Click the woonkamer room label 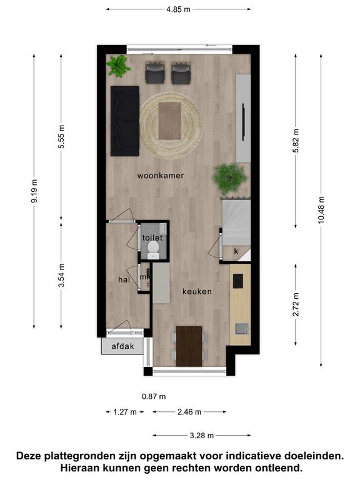[x=161, y=176]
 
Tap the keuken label [x=197, y=291]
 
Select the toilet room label [x=152, y=237]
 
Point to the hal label [x=124, y=279]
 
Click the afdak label [x=122, y=346]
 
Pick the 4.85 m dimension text [x=178, y=9]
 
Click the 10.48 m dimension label [x=321, y=210]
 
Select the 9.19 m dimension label [x=34, y=191]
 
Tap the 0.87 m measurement [x=154, y=397]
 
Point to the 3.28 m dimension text [x=201, y=435]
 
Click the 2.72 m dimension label [x=296, y=305]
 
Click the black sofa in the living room [x=125, y=121]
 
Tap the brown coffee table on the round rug [x=170, y=121]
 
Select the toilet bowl [x=152, y=249]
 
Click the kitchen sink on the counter [x=241, y=329]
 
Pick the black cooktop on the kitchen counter [x=238, y=281]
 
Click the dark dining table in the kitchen [x=189, y=346]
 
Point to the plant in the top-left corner [x=118, y=66]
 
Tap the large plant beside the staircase [x=229, y=178]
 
